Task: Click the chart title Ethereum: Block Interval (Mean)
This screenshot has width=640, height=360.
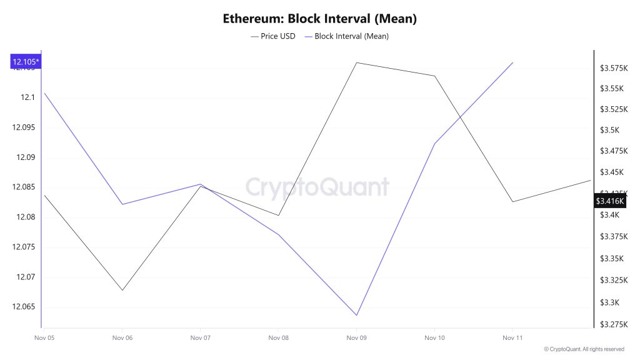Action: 319,19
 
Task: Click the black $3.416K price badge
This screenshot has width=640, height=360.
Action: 610,201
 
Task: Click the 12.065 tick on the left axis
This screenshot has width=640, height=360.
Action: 24,307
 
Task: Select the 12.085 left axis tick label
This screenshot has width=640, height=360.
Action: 24,187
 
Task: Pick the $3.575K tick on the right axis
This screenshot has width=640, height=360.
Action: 614,67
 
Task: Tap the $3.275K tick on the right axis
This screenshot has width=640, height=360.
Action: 614,324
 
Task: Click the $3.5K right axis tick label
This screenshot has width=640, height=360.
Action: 609,130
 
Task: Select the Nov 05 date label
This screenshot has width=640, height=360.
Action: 44,338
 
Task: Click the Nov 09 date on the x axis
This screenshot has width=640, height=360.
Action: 356,338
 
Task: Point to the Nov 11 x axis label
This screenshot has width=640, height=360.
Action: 512,338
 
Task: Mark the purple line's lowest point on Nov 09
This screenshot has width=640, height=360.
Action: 356,316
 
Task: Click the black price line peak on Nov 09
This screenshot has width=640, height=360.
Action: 356,62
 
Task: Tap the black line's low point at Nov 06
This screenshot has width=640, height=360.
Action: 122,290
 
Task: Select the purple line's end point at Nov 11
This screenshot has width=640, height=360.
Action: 512,62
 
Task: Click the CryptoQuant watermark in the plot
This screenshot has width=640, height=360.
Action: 317,187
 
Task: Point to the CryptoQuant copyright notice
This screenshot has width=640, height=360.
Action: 584,349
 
